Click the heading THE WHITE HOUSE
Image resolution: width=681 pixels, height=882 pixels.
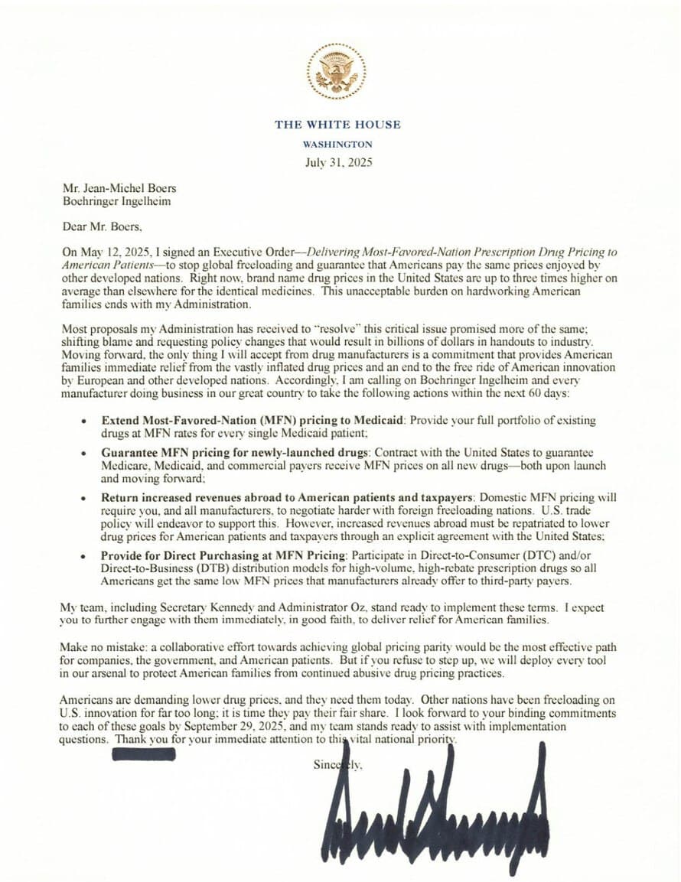[337, 125]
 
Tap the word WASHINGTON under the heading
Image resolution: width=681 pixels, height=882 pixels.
[337, 144]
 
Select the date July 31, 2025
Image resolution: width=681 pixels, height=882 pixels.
[337, 162]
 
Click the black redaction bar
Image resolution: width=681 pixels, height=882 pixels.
[144, 754]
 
